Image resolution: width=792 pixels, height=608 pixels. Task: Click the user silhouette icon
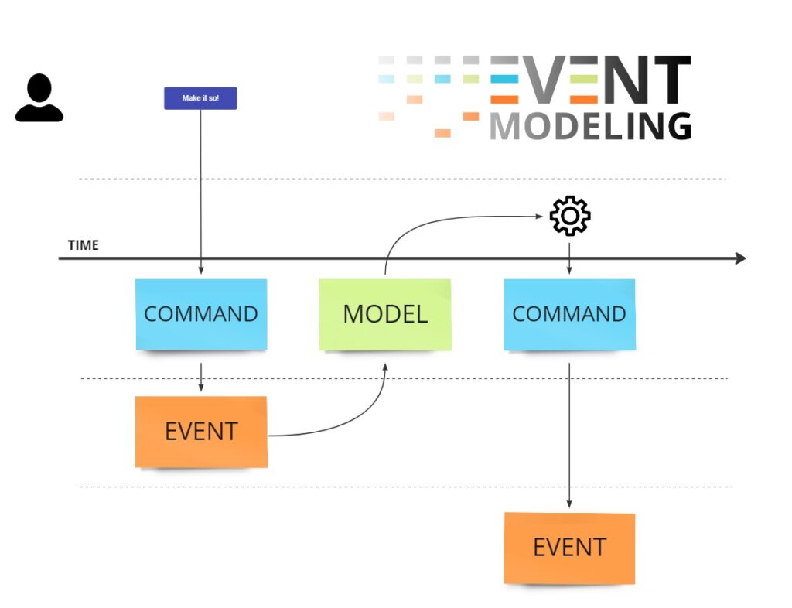click(x=39, y=98)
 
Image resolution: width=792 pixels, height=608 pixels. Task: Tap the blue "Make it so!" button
click(x=200, y=98)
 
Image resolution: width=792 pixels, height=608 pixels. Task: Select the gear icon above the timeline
click(x=569, y=217)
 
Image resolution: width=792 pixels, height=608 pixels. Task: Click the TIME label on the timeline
click(x=84, y=245)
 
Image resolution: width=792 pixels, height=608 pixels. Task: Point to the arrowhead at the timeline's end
click(x=740, y=258)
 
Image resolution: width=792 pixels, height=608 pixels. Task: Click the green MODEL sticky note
click(x=385, y=314)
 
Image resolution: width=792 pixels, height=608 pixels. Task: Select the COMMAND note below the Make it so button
click(x=201, y=314)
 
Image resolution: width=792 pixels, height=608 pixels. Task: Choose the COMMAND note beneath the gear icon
click(x=569, y=314)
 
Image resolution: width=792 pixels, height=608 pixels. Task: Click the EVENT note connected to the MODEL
click(x=201, y=431)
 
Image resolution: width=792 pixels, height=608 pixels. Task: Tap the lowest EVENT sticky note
click(x=569, y=548)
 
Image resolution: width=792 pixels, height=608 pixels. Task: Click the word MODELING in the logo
click(x=590, y=126)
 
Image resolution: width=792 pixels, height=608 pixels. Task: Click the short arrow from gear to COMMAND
click(x=569, y=258)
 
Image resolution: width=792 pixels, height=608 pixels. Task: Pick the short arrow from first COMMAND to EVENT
click(x=201, y=376)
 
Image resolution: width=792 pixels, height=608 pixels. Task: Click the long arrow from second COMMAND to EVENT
click(x=569, y=433)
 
